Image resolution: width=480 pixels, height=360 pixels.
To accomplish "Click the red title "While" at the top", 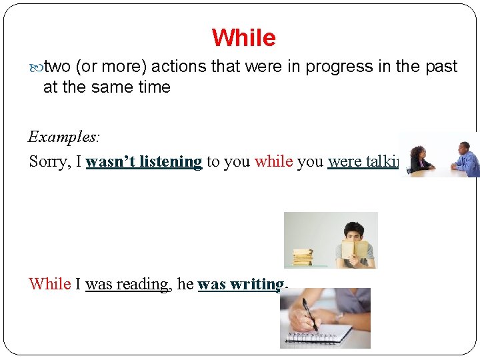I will point(243,37).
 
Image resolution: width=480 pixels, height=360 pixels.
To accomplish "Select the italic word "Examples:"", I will point(64,137).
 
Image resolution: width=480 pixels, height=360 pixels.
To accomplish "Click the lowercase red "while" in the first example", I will point(273,161).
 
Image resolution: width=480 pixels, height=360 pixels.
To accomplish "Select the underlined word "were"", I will point(343,161).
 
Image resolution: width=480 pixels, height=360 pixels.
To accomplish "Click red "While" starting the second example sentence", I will point(49,284).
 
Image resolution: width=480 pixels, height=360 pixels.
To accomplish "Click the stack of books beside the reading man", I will point(303,256).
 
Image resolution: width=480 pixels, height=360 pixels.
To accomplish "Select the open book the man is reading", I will point(354,249).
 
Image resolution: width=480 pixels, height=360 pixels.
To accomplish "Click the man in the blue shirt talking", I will point(465,158).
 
